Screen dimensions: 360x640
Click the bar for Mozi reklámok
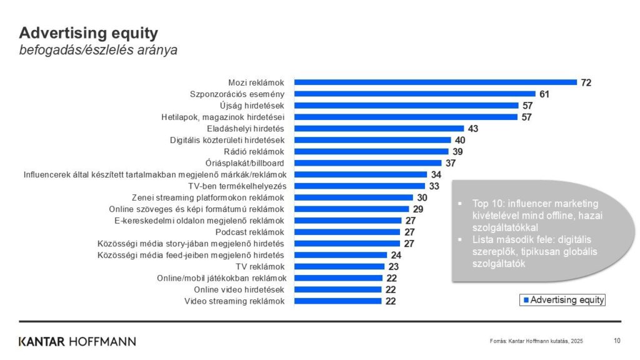(x=435, y=82)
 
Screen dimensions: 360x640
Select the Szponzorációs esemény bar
(x=414, y=94)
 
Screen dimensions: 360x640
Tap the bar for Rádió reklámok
(x=371, y=151)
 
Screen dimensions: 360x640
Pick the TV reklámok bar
(x=339, y=266)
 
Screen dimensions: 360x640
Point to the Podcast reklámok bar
(x=347, y=232)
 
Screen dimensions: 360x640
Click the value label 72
(x=586, y=82)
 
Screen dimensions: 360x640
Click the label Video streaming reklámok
(x=234, y=301)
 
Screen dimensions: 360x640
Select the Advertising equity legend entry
(x=563, y=300)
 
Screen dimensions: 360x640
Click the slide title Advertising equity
(x=88, y=33)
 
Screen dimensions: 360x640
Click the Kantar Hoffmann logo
(x=77, y=341)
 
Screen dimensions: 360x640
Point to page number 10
(x=617, y=341)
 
